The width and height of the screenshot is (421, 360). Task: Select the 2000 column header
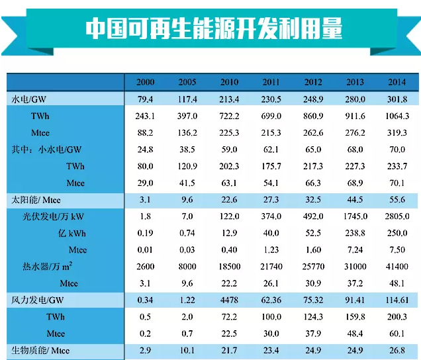[145, 82]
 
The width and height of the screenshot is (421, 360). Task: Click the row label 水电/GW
[30, 99]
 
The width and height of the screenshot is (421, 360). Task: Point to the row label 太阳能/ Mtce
[40, 199]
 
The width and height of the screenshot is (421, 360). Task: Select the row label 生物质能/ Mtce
[40, 351]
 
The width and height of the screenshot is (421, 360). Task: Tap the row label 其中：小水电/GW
[46, 150]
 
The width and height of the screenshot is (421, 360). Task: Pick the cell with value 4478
[229, 300]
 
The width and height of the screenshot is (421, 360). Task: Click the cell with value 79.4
[145, 99]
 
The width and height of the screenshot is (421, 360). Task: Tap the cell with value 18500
[229, 267]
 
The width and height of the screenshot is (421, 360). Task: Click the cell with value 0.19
[145, 233]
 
